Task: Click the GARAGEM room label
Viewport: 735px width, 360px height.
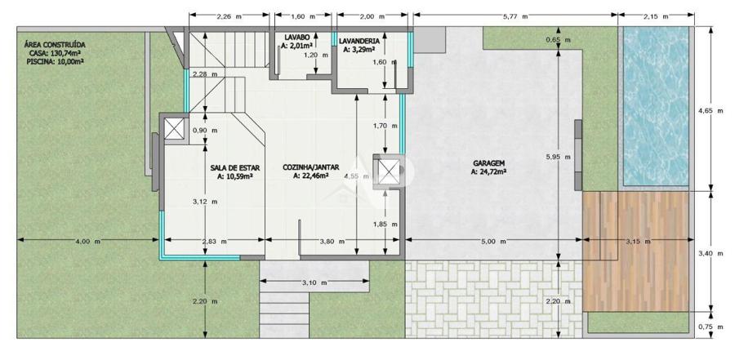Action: click(x=488, y=163)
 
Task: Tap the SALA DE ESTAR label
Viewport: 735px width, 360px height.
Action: click(x=234, y=167)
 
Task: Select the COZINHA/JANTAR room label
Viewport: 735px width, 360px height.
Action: click(x=311, y=167)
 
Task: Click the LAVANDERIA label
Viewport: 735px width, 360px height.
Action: click(x=359, y=41)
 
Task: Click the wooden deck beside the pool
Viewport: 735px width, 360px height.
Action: click(x=635, y=251)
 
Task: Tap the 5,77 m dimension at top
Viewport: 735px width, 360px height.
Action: click(x=515, y=16)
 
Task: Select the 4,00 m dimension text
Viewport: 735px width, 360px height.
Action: click(x=87, y=242)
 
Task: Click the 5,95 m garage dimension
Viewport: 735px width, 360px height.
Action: click(x=559, y=157)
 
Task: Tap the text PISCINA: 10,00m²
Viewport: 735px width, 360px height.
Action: click(x=56, y=61)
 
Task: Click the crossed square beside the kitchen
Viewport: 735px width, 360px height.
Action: click(x=389, y=171)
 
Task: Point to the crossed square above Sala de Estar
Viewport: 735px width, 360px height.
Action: click(x=173, y=128)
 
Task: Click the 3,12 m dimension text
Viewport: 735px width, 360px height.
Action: click(x=205, y=202)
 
